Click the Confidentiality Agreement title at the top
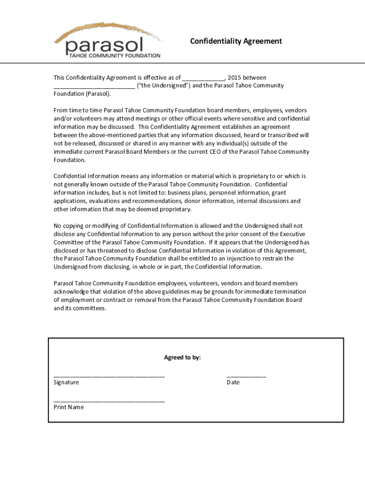[x=236, y=41]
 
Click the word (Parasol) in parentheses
[x=98, y=94]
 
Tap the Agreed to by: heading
[x=182, y=357]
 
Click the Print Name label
[x=69, y=407]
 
